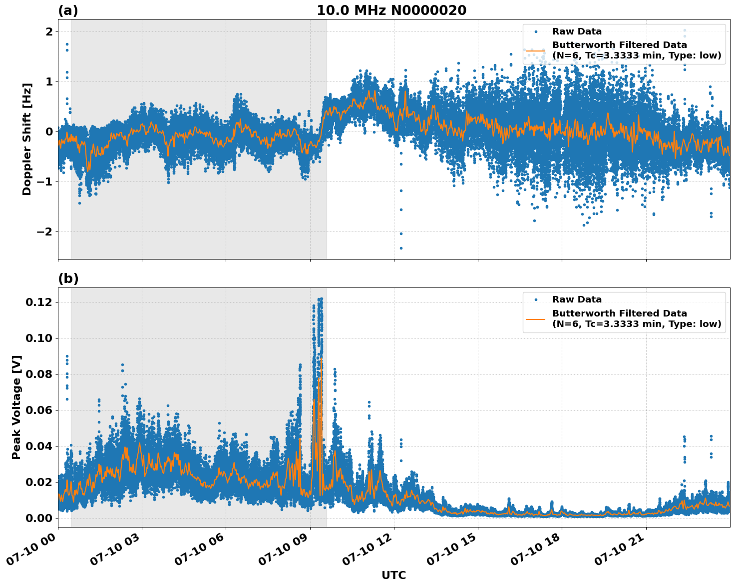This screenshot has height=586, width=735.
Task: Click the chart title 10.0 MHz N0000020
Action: tap(391, 10)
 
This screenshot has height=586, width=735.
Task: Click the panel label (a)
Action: tap(68, 10)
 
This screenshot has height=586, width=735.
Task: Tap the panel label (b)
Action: tap(68, 278)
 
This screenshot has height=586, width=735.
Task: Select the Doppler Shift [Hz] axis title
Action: tap(27, 139)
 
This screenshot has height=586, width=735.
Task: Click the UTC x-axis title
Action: tap(393, 575)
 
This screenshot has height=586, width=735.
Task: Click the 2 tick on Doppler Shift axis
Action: tap(49, 31)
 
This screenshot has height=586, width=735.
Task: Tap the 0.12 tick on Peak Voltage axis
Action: tap(38, 302)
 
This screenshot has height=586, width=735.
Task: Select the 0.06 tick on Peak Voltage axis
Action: tap(38, 410)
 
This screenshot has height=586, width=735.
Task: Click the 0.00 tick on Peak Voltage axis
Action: tap(38, 518)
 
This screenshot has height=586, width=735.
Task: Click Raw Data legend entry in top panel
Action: tap(577, 31)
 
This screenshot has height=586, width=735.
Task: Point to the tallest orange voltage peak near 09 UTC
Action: tap(321, 359)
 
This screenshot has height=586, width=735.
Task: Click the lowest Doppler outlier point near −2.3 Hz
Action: tap(400, 248)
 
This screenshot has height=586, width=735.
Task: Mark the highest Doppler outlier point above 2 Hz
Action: tap(685, 30)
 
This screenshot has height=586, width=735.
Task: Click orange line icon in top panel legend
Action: tap(535, 50)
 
